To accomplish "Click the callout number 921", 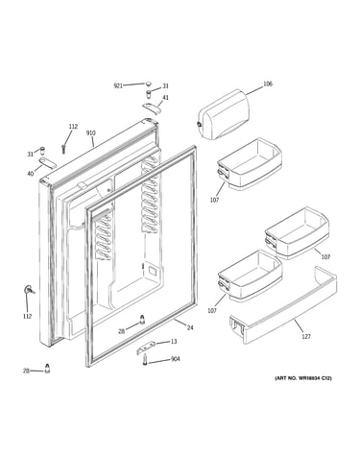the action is [118, 85].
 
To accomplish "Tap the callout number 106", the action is [268, 84].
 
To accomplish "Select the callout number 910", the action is [90, 132].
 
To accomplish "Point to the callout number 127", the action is [306, 336].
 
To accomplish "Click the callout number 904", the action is [176, 359].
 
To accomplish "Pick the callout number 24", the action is [190, 327].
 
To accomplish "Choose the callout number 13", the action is [174, 342].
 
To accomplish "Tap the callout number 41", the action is [166, 98].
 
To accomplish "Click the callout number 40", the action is [30, 174].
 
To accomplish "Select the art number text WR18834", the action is [309, 378].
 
